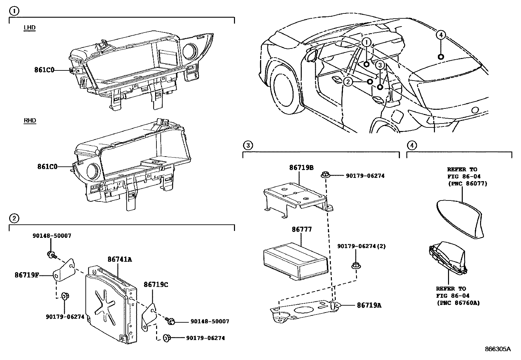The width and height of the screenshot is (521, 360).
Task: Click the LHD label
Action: [x=29, y=28]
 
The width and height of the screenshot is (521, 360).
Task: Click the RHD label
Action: [x=30, y=121]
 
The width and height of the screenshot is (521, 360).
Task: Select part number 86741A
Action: [x=120, y=259]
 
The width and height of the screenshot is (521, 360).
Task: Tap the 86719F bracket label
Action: [x=26, y=275]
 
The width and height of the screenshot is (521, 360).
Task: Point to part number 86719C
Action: [x=156, y=285]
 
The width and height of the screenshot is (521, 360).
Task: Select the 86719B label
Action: [x=301, y=167]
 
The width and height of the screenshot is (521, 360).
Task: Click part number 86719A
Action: [x=369, y=305]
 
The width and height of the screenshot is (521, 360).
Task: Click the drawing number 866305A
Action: [x=497, y=349]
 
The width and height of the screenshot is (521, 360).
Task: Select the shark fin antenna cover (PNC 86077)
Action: [x=460, y=219]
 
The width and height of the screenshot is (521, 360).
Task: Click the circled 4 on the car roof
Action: [x=440, y=35]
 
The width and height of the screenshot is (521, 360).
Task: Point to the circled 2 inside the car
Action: [x=348, y=82]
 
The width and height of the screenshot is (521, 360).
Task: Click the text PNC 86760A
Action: [x=458, y=303]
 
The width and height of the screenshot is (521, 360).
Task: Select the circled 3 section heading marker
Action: [x=248, y=145]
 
